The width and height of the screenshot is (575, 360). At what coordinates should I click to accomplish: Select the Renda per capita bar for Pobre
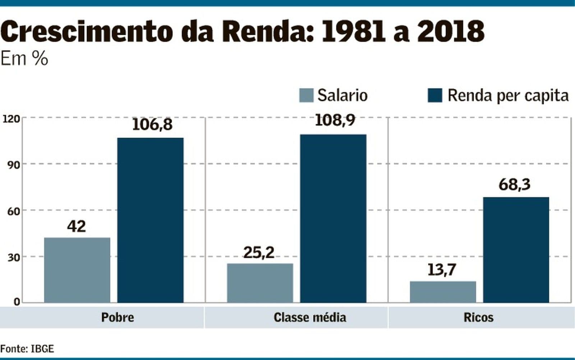click(x=150, y=220)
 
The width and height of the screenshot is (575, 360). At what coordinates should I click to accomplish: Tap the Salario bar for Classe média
click(x=260, y=283)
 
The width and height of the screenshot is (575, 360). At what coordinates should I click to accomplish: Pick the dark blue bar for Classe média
click(x=333, y=218)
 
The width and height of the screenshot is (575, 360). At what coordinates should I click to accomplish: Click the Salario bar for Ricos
click(x=443, y=292)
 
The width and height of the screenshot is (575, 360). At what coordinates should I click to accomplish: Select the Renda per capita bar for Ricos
click(x=516, y=250)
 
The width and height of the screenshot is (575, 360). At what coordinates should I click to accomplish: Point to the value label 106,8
click(x=152, y=124)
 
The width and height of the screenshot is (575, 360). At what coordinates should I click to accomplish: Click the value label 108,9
click(x=335, y=120)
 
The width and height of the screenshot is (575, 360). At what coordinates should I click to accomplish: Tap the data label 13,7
click(x=442, y=270)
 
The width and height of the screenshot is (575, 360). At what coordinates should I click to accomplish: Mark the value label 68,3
click(x=514, y=184)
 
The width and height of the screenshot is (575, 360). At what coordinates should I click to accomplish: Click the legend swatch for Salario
click(x=306, y=96)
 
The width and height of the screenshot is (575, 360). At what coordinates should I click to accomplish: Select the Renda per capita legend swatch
click(x=434, y=96)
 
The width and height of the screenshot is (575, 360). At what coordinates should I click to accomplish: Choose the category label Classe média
click(x=310, y=318)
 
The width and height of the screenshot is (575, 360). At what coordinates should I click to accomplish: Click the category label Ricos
click(x=478, y=318)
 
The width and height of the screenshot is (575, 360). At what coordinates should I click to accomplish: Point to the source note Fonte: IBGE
click(x=27, y=348)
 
